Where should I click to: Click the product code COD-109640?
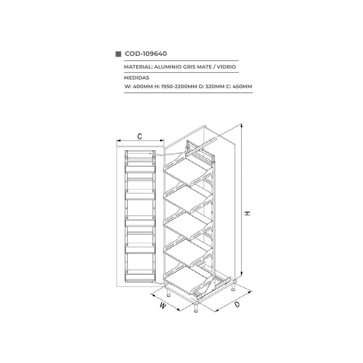coord(146,54)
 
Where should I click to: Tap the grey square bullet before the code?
coord(118,54)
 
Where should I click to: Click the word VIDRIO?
coord(227,67)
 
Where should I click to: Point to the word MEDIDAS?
coord(136,78)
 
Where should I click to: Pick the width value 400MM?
coord(143,87)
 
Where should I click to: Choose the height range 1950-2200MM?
coord(179,87)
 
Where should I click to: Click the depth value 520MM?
coord(215,87)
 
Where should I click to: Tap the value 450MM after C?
coord(242,87)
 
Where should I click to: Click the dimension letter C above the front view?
coord(140,136)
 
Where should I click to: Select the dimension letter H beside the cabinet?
coord(248,213)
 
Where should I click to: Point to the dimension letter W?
coord(163,306)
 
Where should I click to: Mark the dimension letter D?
coord(237,305)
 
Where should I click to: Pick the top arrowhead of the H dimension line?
coord(242,126)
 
